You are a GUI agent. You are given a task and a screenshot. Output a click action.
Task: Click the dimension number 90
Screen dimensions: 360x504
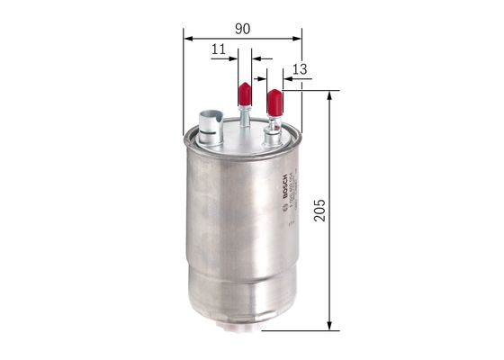[242, 29]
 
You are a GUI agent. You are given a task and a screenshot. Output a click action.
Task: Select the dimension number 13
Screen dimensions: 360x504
[300, 69]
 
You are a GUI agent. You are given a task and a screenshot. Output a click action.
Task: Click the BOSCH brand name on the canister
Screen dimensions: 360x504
[286, 184]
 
